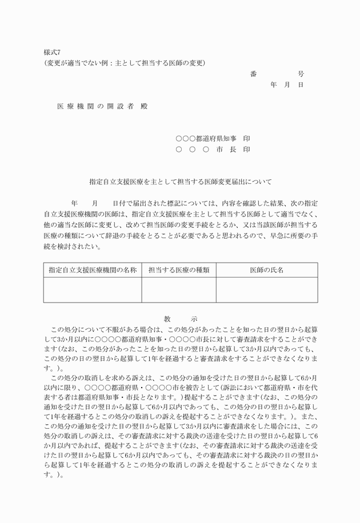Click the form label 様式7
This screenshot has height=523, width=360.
[x=52, y=51]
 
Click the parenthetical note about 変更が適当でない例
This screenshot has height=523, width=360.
[x=125, y=62]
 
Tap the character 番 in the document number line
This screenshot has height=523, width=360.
[x=253, y=74]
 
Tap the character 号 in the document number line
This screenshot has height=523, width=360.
[x=301, y=74]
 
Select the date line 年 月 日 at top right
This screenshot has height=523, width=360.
[x=286, y=85]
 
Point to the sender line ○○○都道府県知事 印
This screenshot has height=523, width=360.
[x=213, y=138]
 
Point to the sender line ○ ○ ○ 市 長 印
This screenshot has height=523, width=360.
[x=213, y=149]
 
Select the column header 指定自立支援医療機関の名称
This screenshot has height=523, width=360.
[x=93, y=269]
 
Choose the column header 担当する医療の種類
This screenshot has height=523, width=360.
[x=179, y=269]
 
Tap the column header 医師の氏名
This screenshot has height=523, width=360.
[x=266, y=269]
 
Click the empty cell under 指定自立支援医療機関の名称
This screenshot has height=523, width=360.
[x=93, y=289]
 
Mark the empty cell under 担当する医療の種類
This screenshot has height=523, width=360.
[x=179, y=289]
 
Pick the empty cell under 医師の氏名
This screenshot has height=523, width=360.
[x=266, y=289]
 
